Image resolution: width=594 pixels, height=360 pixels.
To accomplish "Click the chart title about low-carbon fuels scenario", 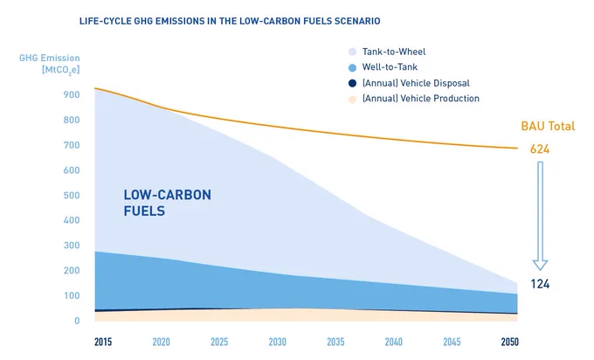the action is [230, 21].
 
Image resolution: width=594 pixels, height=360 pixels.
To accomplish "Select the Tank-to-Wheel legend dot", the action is [352, 52].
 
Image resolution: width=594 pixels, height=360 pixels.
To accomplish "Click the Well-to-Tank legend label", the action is [390, 67].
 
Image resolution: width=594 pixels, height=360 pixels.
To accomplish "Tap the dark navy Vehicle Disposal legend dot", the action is [352, 83].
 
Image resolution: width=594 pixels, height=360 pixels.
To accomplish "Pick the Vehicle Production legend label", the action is [421, 99].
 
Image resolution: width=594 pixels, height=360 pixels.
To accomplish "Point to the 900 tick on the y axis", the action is [72, 94].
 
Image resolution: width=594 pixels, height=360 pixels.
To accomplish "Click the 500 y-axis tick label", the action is [72, 195].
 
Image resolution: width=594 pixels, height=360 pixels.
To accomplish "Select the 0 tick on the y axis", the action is [77, 321].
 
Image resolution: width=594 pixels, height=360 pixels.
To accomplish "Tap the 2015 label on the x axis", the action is [103, 342].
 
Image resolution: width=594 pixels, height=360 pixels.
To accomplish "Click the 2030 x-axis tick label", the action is [277, 342].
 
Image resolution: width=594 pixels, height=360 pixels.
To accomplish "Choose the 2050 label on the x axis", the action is [509, 342].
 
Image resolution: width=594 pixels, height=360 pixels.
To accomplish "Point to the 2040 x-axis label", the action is [394, 342].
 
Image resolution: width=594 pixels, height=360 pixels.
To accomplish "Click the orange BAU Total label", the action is [548, 126].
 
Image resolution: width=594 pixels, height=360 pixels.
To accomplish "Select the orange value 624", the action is [540, 149].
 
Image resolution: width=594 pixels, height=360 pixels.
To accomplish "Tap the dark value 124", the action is [540, 284].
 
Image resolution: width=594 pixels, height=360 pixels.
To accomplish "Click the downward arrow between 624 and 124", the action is [540, 216].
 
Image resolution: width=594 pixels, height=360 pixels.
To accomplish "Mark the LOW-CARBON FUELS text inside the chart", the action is [167, 203].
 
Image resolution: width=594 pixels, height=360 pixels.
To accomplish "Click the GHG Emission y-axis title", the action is [50, 64].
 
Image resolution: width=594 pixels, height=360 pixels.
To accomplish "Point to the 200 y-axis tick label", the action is [72, 271].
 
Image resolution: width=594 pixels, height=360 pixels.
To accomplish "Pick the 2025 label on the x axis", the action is [219, 342].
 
